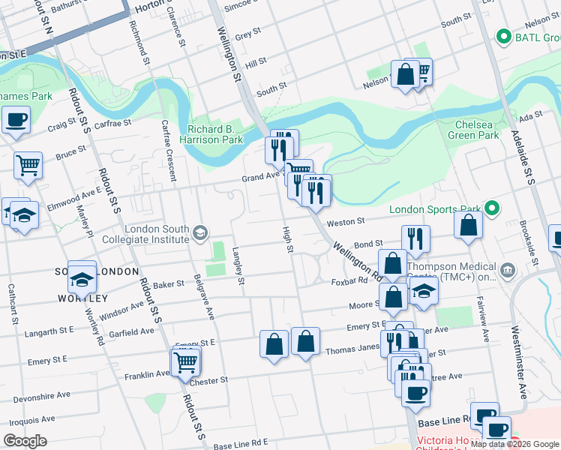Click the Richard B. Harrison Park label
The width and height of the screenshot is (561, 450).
[211, 134]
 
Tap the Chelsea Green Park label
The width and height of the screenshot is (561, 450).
[473, 130]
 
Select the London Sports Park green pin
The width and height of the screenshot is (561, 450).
[492, 208]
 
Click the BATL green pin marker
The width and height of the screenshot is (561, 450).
[502, 36]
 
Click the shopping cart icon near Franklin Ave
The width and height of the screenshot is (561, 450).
[184, 362]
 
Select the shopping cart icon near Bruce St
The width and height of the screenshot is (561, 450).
[28, 164]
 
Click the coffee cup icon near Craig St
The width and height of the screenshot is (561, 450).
[16, 118]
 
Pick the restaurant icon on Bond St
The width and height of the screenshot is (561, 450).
[415, 238]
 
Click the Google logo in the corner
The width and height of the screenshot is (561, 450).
[25, 441]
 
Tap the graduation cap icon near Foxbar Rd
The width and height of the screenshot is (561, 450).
[424, 292]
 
